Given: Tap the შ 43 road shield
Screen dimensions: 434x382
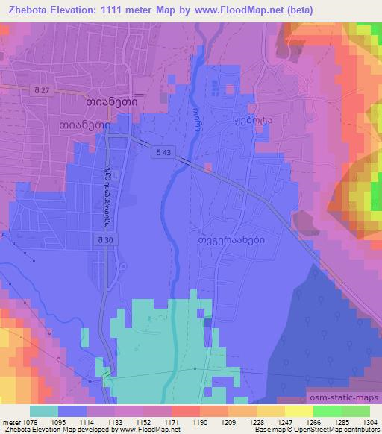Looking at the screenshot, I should (x=164, y=153).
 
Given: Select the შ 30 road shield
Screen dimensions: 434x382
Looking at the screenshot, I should (x=104, y=239).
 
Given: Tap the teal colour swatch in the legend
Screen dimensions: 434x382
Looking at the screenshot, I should (x=43, y=410).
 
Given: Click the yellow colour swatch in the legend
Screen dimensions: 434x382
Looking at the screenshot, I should (x=298, y=410).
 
